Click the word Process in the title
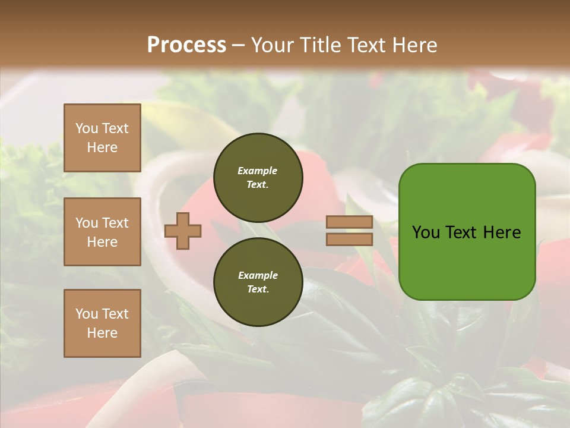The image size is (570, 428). [186, 45]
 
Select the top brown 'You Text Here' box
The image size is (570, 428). [102, 138]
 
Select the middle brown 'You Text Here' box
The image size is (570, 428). [102, 232]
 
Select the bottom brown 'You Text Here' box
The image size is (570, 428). [102, 323]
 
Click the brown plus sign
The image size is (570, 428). [183, 231]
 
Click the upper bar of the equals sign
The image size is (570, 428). [349, 222]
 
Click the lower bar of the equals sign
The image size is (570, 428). [349, 239]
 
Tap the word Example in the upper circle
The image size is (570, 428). [257, 171]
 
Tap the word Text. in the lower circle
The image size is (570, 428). [258, 289]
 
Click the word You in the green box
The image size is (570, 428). [426, 232]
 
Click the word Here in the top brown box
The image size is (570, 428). [102, 147]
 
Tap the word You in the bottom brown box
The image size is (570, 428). [87, 314]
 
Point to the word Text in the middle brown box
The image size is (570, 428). [115, 223]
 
